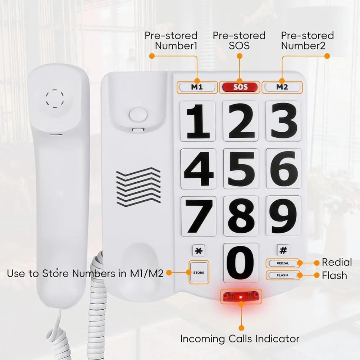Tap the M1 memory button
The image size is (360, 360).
pyautogui.click(x=197, y=87)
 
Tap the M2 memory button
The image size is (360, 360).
pyautogui.click(x=282, y=87)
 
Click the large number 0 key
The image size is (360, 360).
pyautogui.click(x=241, y=263)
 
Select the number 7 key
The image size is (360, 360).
pyautogui.click(x=198, y=216)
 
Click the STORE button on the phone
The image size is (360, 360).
pyautogui.click(x=199, y=273)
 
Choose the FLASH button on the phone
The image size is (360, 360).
pyautogui.click(x=283, y=275)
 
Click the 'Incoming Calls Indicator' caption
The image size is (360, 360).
pyautogui.click(x=240, y=338)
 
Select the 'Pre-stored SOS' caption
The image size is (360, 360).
pyautogui.click(x=239, y=41)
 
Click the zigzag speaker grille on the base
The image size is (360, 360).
pyautogui.click(x=138, y=187)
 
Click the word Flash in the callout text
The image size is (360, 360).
pyautogui.click(x=334, y=275)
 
